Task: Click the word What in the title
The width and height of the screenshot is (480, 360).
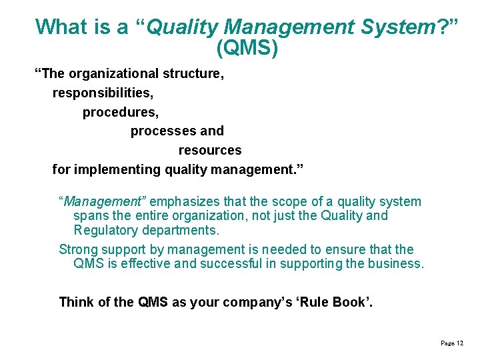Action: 61,27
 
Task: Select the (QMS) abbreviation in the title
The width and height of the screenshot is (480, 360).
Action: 247,48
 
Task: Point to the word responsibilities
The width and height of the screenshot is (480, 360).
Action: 105,93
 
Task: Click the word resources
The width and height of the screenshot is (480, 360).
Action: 209,150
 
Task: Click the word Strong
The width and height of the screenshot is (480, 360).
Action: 78,249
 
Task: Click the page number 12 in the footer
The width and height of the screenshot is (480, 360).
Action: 460,343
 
